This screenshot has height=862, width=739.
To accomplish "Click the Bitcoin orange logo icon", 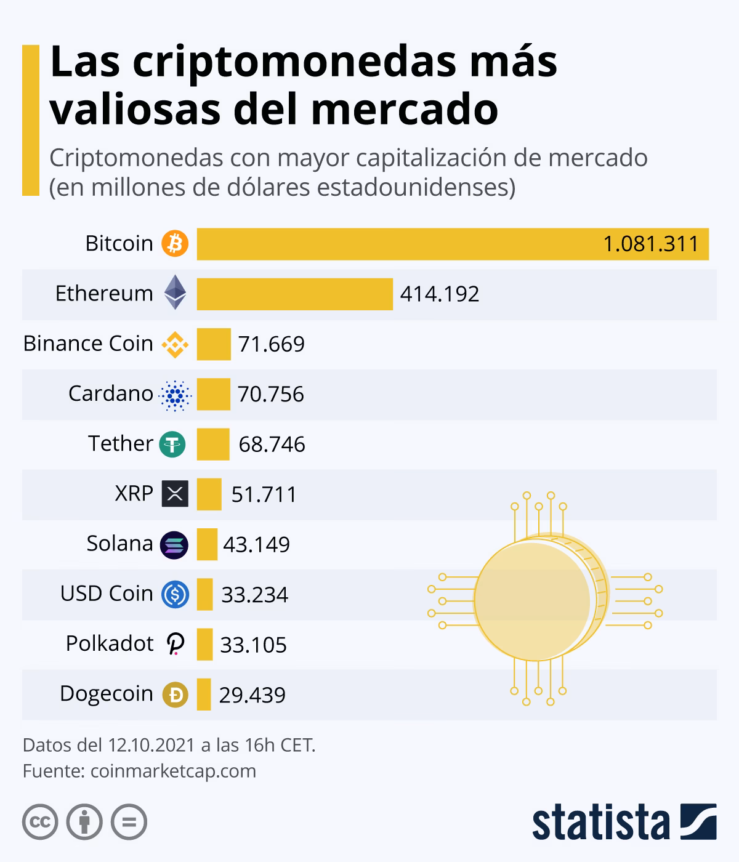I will [175, 244].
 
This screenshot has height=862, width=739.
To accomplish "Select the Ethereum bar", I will [294, 294].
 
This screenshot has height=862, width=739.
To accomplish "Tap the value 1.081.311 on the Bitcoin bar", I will [650, 244].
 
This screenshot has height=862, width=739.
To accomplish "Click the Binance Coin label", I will [88, 344].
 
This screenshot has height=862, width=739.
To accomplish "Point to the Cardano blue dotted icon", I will [176, 395].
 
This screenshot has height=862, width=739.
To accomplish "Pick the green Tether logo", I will [172, 444].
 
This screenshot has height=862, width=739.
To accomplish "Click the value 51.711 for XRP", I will [264, 494].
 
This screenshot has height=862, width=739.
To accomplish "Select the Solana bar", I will [207, 544].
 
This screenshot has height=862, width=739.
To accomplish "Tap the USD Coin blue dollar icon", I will [175, 595].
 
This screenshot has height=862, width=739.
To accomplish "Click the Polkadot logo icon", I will [176, 644].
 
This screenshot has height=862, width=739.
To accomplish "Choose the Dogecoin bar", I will [204, 695].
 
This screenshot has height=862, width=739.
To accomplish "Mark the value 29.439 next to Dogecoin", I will [252, 695].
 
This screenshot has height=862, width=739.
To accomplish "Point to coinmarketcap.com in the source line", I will [173, 771].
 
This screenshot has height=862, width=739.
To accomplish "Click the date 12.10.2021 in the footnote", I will [150, 745].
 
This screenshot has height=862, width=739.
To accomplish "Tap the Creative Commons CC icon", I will [40, 821].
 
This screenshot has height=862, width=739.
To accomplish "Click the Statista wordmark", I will [600, 822].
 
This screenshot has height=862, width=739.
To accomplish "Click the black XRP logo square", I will [175, 494].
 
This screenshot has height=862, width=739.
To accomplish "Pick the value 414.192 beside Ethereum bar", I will [440, 294].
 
